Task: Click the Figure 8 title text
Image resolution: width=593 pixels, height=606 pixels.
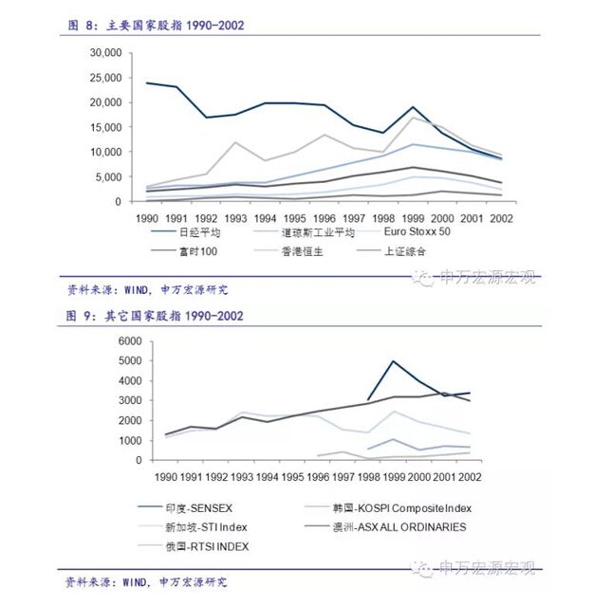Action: (158, 26)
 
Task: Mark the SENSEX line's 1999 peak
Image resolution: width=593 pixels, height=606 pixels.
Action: (393, 360)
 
